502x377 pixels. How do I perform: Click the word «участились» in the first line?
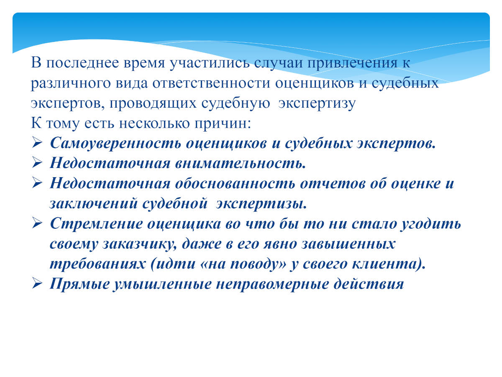209,63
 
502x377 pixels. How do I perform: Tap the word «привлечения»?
352,63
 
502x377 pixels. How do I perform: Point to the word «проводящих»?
153,103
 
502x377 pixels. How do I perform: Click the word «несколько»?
154,124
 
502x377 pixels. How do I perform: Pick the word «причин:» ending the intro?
223,124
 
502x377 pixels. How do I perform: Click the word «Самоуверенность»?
115,144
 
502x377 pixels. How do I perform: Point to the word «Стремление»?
96,224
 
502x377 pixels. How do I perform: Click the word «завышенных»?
348,243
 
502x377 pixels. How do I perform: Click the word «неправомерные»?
272,284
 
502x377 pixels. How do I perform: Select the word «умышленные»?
162,284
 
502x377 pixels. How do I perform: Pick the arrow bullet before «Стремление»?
37,223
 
